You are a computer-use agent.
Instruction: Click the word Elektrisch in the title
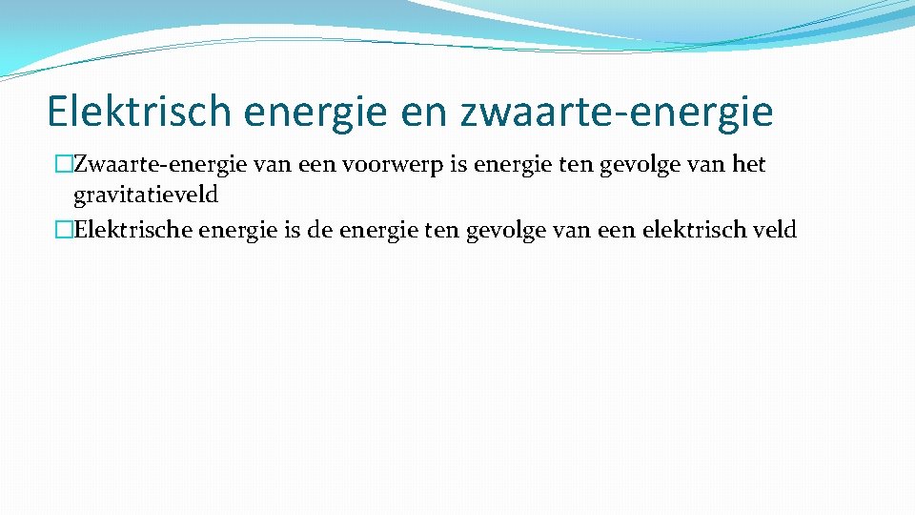coord(139,112)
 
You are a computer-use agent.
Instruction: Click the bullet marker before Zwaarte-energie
coord(65,165)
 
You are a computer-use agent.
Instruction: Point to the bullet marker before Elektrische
coord(65,230)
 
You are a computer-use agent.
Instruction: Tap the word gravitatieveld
coord(146,196)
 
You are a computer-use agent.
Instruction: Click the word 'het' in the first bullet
coord(748,165)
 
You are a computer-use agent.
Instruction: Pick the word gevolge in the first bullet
coord(634,165)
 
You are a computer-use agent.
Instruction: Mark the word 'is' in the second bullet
coord(293,230)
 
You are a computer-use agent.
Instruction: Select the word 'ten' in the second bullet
coord(441,230)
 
